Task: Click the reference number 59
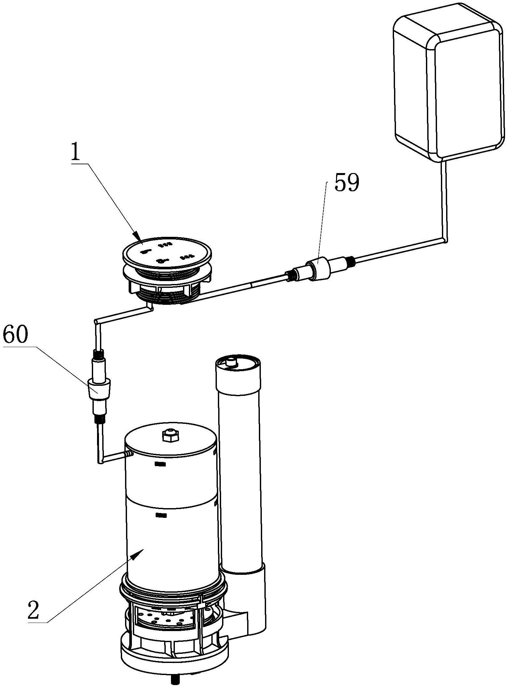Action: tap(347, 183)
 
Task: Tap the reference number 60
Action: tap(16, 335)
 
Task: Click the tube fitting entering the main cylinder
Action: tap(128, 453)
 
